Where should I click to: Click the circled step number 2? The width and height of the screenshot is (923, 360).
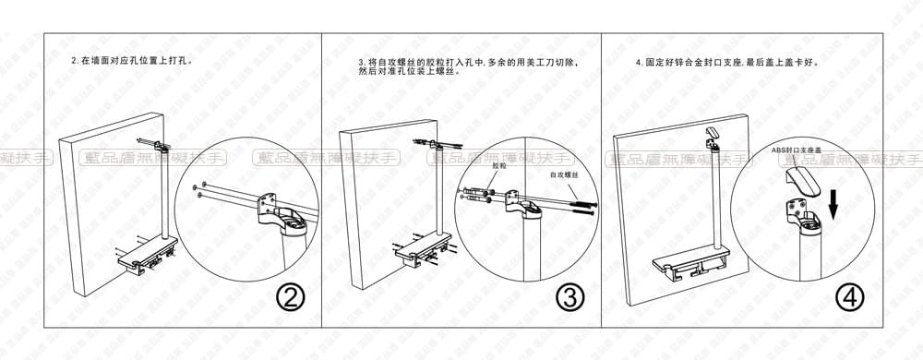291,297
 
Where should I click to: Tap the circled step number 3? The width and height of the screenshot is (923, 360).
569,297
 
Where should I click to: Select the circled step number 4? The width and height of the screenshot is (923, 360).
849,297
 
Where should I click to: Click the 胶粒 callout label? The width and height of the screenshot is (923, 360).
499,166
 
